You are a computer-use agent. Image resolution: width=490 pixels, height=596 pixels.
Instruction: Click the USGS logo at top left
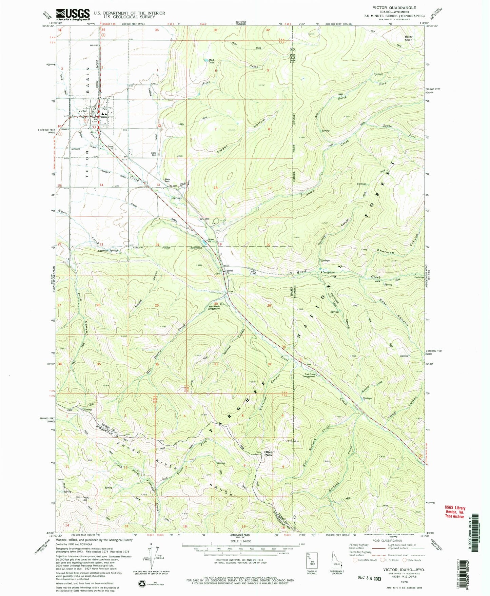coord(73,15)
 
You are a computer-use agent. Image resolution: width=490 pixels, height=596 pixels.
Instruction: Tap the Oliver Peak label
coord(269,454)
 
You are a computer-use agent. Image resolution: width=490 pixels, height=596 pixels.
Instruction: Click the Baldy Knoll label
coord(409,38)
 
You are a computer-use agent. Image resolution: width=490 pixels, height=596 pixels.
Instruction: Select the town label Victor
coord(82,111)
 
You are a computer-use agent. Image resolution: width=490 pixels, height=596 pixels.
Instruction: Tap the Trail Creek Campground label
coord(309,376)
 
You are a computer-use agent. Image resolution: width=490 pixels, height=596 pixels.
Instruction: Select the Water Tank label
coord(167,180)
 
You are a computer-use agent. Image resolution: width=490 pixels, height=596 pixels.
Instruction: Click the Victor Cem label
coord(154,153)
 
